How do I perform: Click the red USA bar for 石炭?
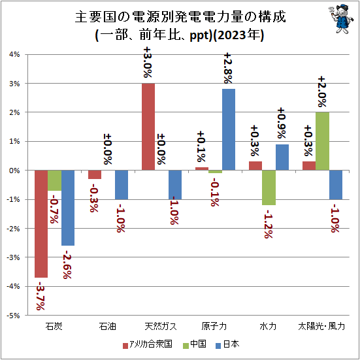[x=41, y=224]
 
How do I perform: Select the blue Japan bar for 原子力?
[x=229, y=129]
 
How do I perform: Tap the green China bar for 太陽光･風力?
[x=322, y=141]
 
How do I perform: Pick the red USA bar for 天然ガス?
[x=148, y=127]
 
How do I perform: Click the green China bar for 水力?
[x=269, y=188]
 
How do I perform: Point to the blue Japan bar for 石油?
[x=122, y=185]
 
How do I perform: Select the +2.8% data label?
[x=229, y=68]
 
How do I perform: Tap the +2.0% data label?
[x=322, y=92]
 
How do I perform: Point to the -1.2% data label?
[x=269, y=224]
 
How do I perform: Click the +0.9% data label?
[x=282, y=123]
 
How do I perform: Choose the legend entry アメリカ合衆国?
[x=148, y=344]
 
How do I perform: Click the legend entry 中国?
[x=195, y=344]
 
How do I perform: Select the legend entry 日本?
[x=227, y=344]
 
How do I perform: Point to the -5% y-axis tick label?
[x=13, y=316]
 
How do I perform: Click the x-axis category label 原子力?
[x=214, y=326]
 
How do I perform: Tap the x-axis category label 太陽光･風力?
[x=321, y=326]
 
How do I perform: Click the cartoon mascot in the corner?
[x=341, y=19]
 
